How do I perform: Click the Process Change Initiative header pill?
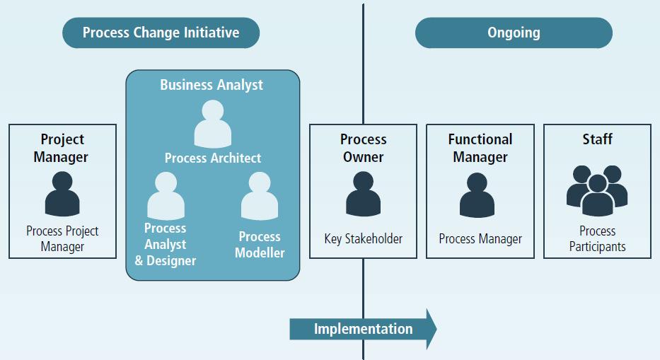point(161,33)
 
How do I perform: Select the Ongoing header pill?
point(514,33)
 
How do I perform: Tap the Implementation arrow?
point(363,329)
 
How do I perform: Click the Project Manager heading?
point(62,148)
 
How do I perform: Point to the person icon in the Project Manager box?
point(62,194)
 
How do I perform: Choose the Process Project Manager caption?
point(62,239)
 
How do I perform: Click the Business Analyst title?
point(212,85)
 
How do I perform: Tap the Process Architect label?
point(213,158)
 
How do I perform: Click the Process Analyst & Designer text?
point(166,244)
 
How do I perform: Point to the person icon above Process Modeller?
point(260,196)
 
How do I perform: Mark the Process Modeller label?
point(260,245)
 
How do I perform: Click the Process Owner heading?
point(363,148)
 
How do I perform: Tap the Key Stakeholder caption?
point(363,239)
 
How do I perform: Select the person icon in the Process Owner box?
point(363,194)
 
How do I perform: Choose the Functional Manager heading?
point(480,148)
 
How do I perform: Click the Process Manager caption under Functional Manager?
point(480,239)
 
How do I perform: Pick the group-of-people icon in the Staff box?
point(597,190)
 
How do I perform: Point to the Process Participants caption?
point(597,239)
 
